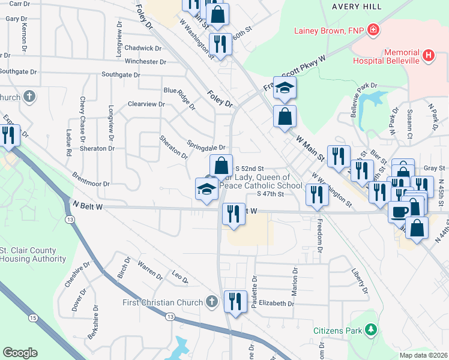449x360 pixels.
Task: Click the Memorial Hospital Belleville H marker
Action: click(x=429, y=56)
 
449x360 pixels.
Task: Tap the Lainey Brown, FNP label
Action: click(x=329, y=30)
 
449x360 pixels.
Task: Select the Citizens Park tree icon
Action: click(x=372, y=329)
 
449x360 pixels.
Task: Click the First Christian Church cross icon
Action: click(x=211, y=302)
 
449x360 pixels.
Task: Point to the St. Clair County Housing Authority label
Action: click(x=32, y=254)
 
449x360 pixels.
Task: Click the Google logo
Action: click(x=20, y=353)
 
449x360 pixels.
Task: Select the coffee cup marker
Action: click(x=399, y=211)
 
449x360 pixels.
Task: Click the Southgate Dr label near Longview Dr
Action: click(x=120, y=75)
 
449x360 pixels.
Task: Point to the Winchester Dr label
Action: click(x=145, y=61)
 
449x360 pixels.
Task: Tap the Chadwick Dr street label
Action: click(x=140, y=48)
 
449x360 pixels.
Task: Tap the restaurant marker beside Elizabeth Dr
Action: click(x=234, y=301)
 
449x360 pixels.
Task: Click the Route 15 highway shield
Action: click(x=32, y=317)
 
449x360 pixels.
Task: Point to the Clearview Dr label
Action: click(x=146, y=104)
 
